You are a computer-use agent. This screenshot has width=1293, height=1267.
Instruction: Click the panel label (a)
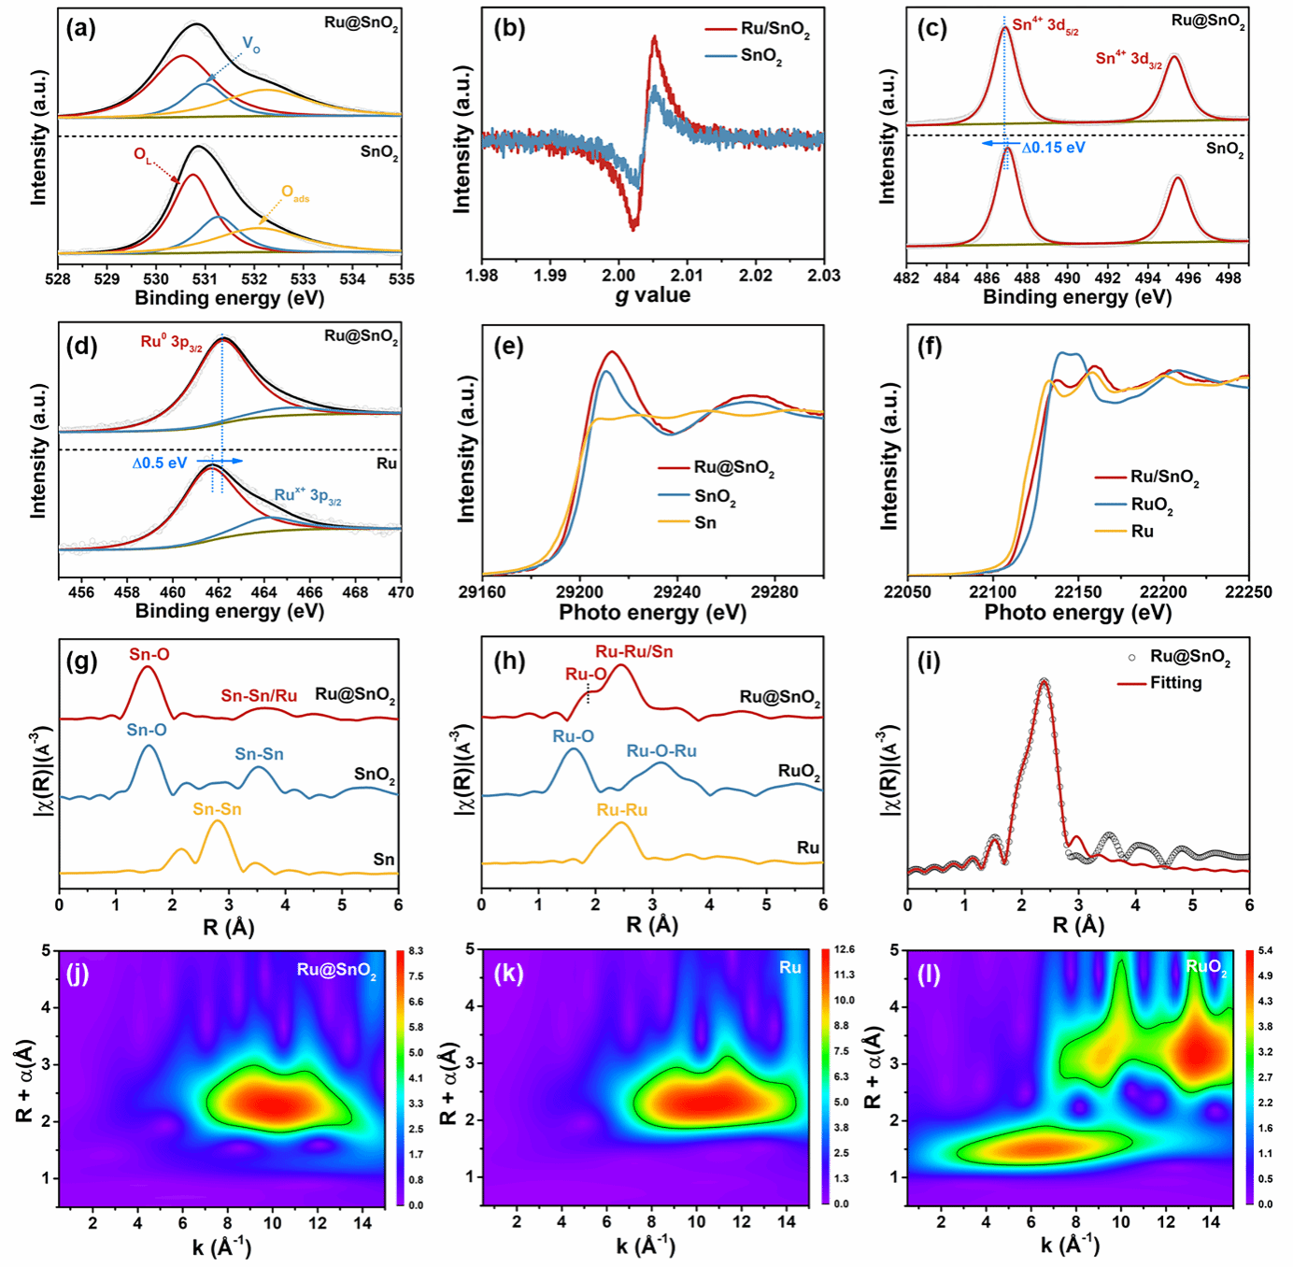(80, 28)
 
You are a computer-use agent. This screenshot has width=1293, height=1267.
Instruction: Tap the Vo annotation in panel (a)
(250, 44)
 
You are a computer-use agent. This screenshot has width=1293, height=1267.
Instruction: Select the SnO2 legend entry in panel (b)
(760, 56)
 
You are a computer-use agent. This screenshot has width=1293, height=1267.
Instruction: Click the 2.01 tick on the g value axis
(687, 276)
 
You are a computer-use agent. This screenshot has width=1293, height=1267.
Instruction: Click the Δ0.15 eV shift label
(1053, 148)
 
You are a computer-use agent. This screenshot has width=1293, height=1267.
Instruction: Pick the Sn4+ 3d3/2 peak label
(1129, 59)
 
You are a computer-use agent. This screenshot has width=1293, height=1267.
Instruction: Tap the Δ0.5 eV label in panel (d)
(159, 463)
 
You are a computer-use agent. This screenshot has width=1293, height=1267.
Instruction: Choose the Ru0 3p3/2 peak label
(171, 343)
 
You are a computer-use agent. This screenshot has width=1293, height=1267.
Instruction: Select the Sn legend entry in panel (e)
(705, 523)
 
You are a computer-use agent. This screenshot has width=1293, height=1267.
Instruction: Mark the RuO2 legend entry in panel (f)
(1151, 505)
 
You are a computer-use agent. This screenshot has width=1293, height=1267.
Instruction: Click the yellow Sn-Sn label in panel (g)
(217, 809)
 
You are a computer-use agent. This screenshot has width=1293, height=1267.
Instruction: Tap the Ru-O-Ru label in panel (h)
(661, 751)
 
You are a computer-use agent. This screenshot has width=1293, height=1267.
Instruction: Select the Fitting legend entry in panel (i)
(1175, 683)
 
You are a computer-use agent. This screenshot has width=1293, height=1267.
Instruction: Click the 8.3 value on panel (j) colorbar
(415, 951)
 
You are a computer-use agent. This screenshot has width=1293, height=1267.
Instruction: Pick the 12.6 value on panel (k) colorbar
(844, 949)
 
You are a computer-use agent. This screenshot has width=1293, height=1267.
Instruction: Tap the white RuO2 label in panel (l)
(1205, 967)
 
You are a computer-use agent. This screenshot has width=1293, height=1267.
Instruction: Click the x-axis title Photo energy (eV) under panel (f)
(1077, 613)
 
